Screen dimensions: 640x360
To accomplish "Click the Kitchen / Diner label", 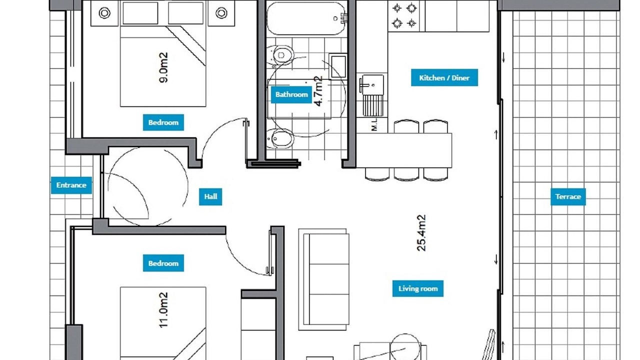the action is (444, 77).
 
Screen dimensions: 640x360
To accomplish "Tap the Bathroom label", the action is (291, 94).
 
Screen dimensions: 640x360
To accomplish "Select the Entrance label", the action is (71, 185).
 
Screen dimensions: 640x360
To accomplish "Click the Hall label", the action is (210, 196).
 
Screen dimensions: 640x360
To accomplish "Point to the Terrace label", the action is (568, 196).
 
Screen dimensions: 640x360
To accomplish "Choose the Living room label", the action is (418, 288).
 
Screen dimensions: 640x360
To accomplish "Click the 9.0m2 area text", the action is (163, 67).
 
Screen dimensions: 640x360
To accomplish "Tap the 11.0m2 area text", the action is (163, 310).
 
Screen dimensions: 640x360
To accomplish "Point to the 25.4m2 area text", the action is (421, 233).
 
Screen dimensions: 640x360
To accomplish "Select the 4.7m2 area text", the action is (318, 91).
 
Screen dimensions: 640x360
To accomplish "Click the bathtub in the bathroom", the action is (306, 18).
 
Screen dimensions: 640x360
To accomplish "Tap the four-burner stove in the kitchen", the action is (404, 15).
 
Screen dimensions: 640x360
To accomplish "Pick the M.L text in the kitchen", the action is (374, 124).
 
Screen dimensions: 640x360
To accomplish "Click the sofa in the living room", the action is (323, 279).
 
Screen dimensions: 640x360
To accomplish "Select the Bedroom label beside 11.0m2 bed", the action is (163, 263).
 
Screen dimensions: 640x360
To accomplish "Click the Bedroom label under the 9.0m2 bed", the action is (163, 122).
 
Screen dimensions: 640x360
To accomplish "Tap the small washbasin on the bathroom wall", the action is (337, 66).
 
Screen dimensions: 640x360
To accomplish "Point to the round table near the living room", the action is (405, 347).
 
